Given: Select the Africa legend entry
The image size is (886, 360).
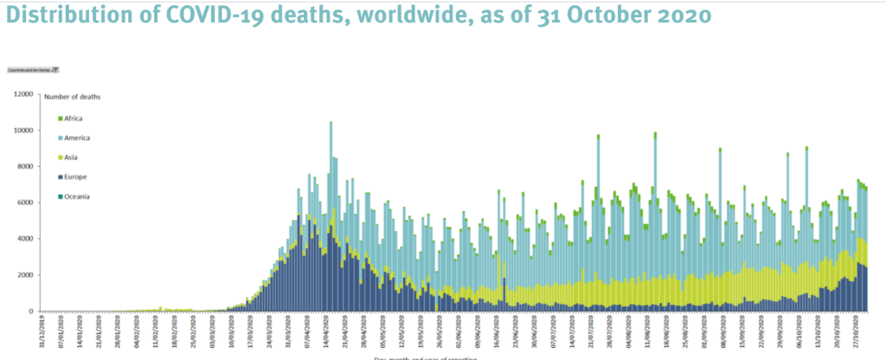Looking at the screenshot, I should [72, 119].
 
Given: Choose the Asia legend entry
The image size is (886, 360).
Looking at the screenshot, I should [70, 157].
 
